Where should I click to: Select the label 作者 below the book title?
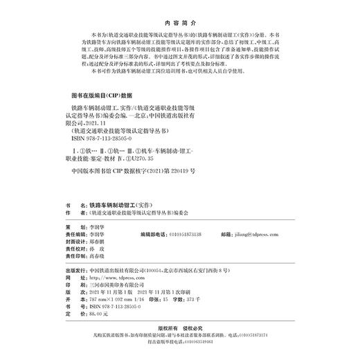click(68, 215)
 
